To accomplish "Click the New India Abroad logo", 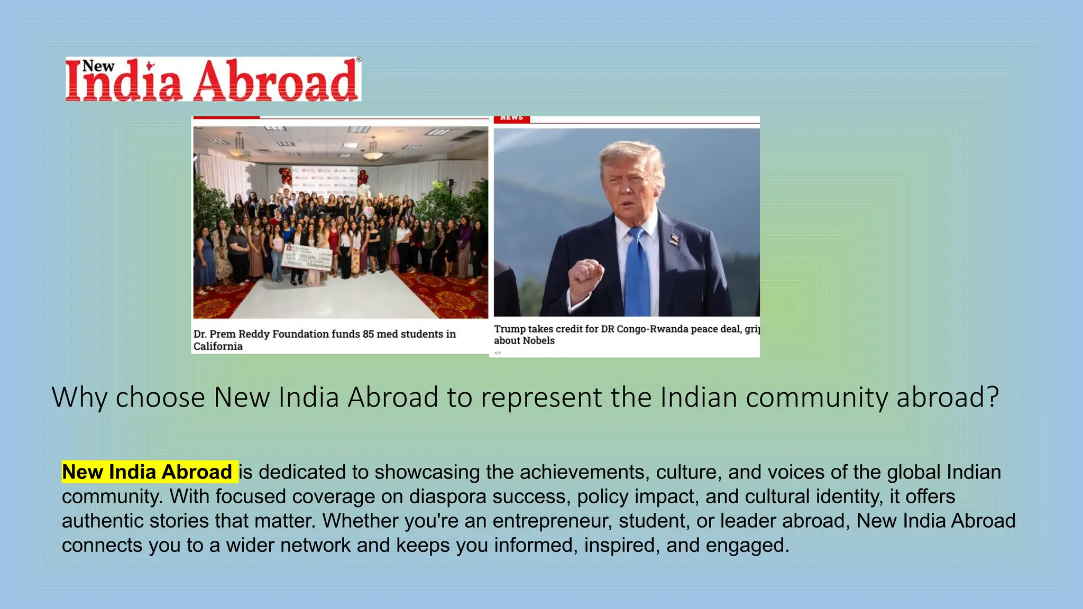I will [213, 79].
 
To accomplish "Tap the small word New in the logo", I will [98, 66].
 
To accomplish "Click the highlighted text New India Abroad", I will [148, 472].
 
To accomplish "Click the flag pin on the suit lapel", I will [673, 239].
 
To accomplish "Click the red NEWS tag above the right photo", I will [511, 118].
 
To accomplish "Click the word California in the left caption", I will [218, 346].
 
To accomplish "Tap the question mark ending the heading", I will [993, 397].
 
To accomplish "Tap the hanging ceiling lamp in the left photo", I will [372, 154].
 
